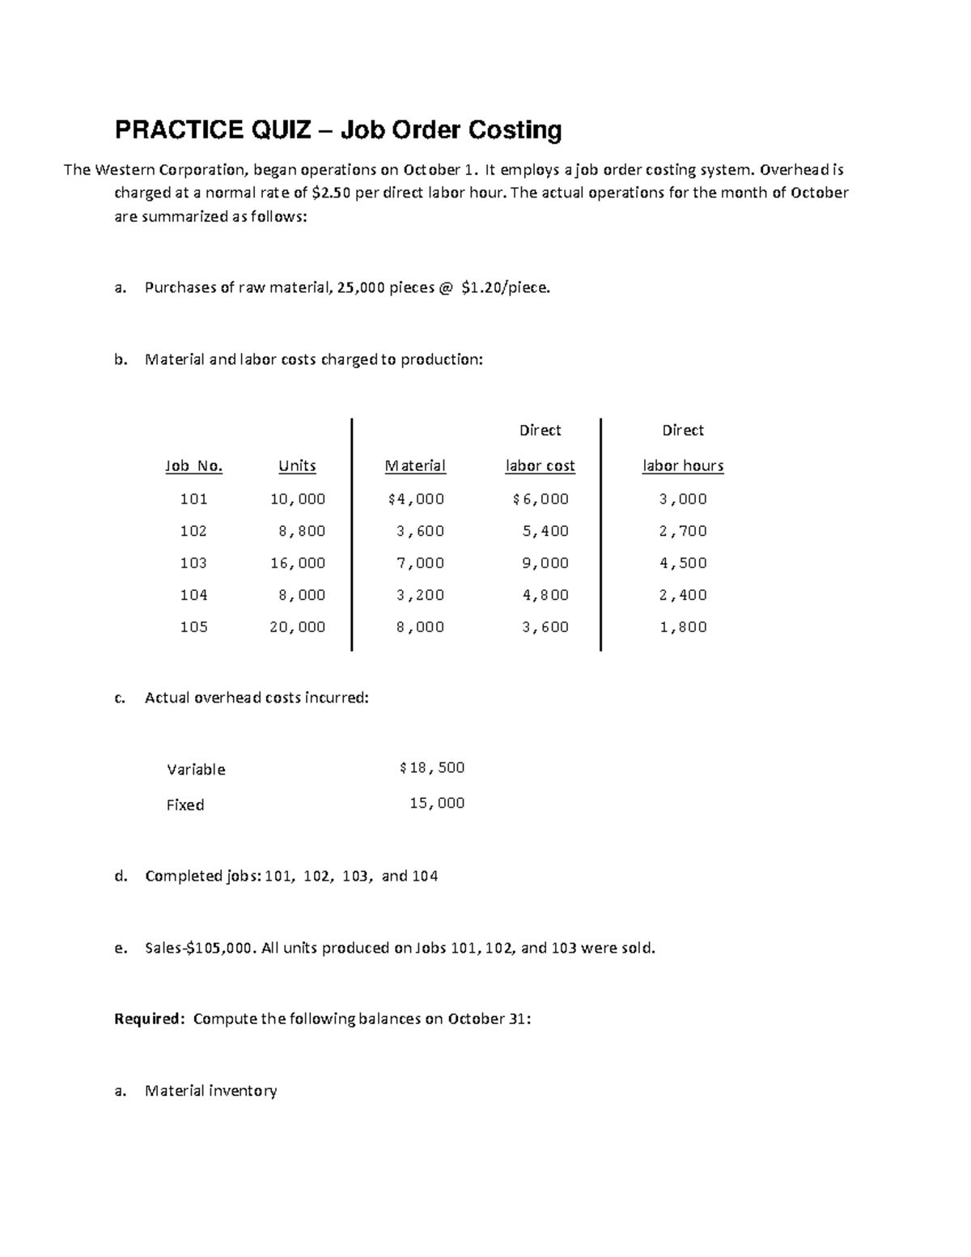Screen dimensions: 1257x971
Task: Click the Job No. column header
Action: [193, 466]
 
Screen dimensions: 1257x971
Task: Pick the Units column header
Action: [297, 466]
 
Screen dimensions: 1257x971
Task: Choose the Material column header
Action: [415, 466]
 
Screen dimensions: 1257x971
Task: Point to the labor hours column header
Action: [683, 466]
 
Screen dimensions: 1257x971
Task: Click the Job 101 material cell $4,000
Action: [416, 499]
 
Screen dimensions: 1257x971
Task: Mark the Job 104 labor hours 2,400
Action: [683, 595]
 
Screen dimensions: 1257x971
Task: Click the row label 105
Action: [193, 627]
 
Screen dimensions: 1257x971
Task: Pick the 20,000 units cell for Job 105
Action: [298, 627]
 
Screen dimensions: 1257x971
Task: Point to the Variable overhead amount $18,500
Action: [432, 768]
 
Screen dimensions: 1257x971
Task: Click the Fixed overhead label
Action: [185, 805]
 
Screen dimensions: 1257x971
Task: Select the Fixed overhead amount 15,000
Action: [437, 804]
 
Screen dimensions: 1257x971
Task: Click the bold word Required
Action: [149, 1019]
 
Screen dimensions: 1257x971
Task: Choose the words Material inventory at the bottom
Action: [210, 1091]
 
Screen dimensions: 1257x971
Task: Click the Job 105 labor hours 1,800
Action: [683, 627]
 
